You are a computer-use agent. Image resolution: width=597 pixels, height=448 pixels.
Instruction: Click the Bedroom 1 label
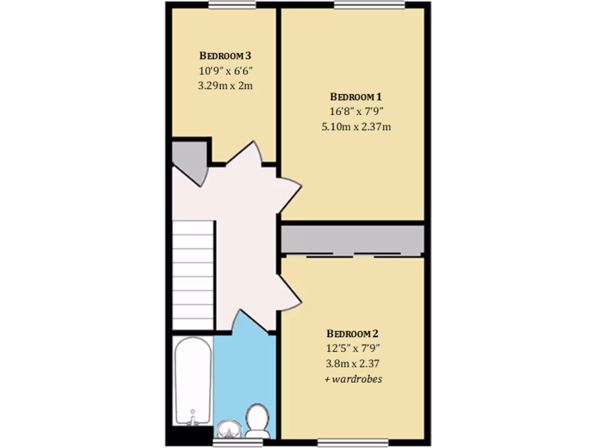[x=356, y=97]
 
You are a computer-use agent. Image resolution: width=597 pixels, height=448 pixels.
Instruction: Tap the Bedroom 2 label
[x=352, y=334]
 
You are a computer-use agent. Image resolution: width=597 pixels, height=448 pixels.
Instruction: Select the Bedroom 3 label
[x=225, y=56]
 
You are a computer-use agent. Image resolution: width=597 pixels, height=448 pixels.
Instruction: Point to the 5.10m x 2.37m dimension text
[x=356, y=126]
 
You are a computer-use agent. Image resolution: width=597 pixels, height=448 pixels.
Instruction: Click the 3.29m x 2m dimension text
[x=225, y=85]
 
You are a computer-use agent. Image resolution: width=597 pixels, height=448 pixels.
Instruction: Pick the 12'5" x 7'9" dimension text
[x=352, y=349]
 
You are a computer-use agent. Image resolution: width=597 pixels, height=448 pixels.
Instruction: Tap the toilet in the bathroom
[x=257, y=421]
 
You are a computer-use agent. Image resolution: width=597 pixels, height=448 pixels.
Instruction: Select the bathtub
[x=192, y=382]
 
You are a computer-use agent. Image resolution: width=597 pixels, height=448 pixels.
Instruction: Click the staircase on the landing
[x=193, y=275]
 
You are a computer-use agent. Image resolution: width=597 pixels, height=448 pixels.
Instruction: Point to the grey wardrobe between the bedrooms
[x=352, y=239]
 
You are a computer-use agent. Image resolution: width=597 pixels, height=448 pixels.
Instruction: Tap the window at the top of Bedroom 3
[x=232, y=5]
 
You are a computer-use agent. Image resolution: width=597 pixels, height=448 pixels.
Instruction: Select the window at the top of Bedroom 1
[x=370, y=5]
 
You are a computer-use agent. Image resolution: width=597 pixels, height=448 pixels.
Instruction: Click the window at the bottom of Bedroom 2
[x=352, y=443]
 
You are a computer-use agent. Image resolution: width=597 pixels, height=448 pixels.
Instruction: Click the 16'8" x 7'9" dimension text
[x=356, y=111]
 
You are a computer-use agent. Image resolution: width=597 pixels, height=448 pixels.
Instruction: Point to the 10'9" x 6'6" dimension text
[x=225, y=71]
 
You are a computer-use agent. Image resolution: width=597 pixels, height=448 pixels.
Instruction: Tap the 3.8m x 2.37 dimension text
[x=352, y=363]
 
